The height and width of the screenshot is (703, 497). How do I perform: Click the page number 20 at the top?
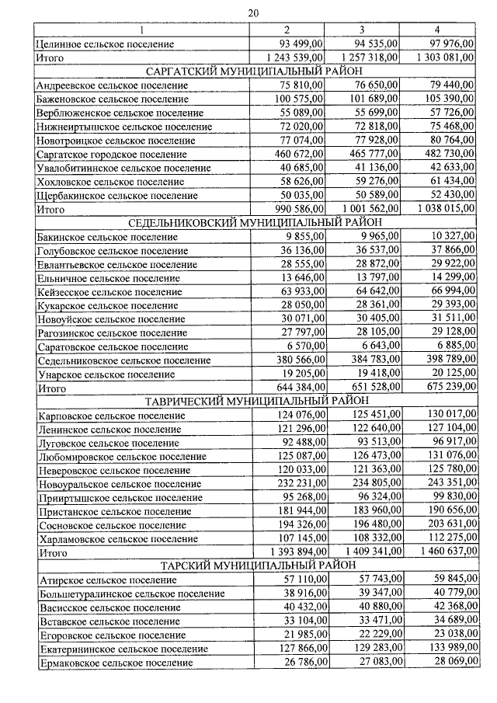pos(252,12)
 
